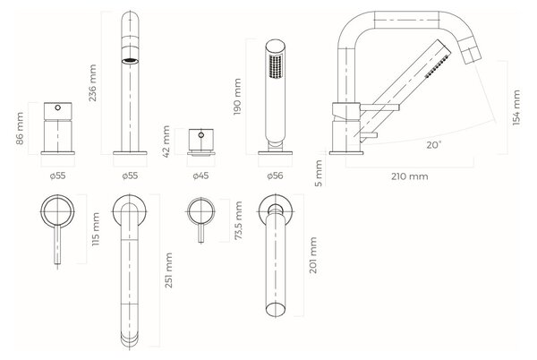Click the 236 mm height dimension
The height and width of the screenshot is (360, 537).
tap(92, 83)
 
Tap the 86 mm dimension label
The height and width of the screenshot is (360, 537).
tap(20, 128)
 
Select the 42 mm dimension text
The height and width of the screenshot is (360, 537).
tap(166, 141)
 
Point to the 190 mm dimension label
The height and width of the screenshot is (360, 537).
tap(237, 97)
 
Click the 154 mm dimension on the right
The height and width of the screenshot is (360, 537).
tap(516, 107)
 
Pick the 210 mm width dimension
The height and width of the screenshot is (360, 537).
tap(410, 176)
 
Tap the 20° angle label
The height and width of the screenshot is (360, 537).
tap(433, 145)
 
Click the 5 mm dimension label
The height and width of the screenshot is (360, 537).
tap(319, 174)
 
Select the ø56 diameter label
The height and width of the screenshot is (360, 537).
tap(276, 176)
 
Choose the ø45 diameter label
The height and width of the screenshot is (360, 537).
tap(200, 176)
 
